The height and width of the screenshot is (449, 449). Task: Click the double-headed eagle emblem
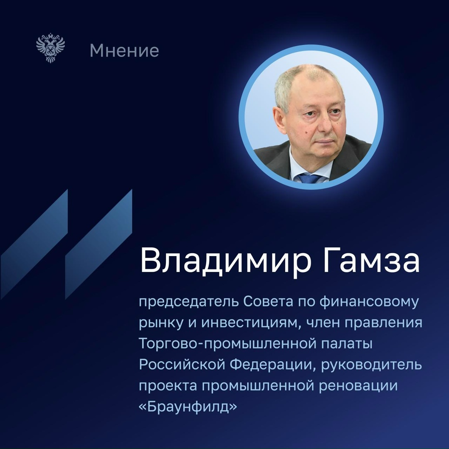tap(51, 49)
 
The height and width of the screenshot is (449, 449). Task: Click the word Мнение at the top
tap(124, 51)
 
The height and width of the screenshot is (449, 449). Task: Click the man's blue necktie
tap(310, 178)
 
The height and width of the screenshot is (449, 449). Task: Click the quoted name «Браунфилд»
tap(188, 406)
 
